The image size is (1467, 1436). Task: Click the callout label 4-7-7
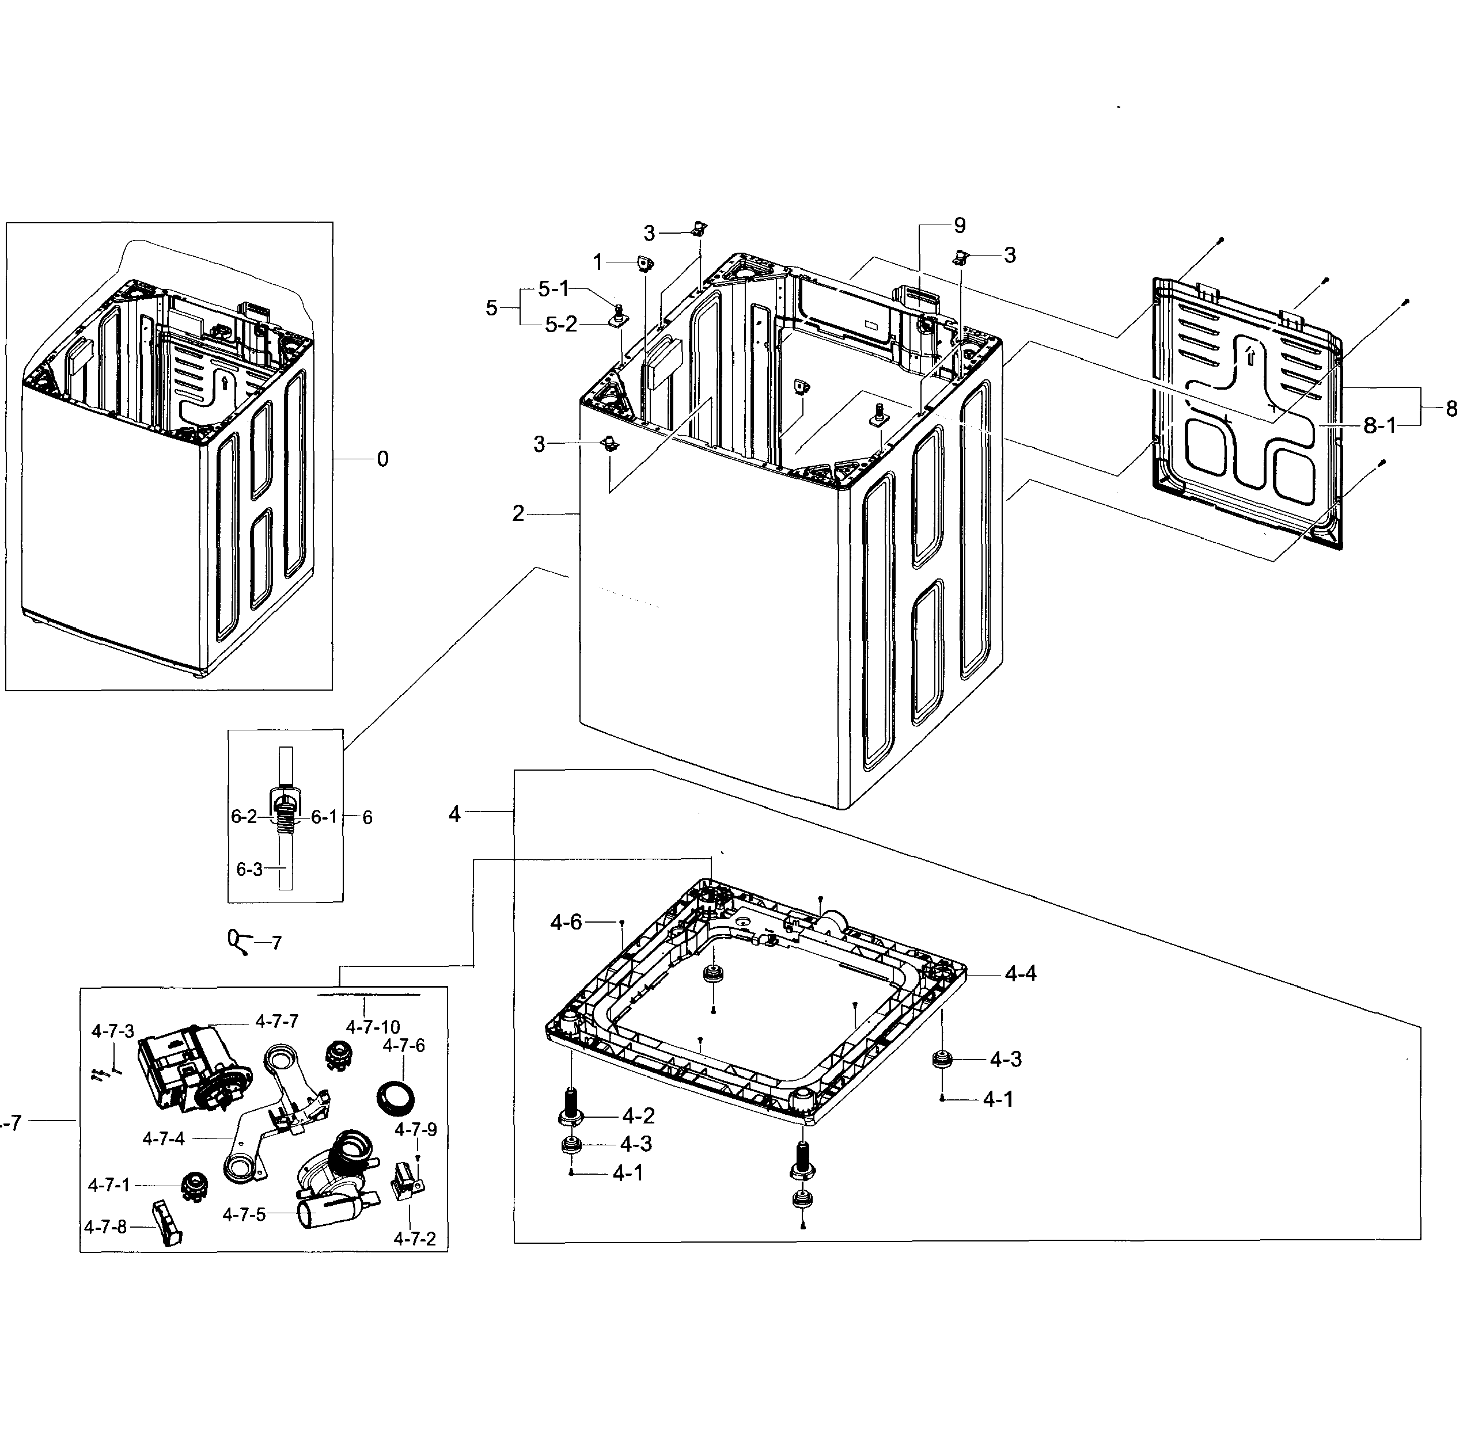277,1021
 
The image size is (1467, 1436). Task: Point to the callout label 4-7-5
244,1214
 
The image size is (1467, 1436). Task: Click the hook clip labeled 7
236,941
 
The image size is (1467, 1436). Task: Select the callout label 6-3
250,870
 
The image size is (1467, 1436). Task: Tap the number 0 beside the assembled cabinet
382,459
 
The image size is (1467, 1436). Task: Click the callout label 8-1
1379,425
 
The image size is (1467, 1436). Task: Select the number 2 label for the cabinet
518,513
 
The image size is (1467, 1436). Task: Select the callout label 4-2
638,1115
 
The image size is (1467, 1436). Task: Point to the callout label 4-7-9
416,1129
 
